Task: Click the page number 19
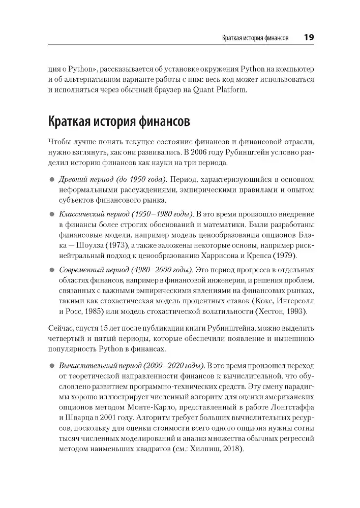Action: pos(309,37)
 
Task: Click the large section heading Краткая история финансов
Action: pos(119,122)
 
